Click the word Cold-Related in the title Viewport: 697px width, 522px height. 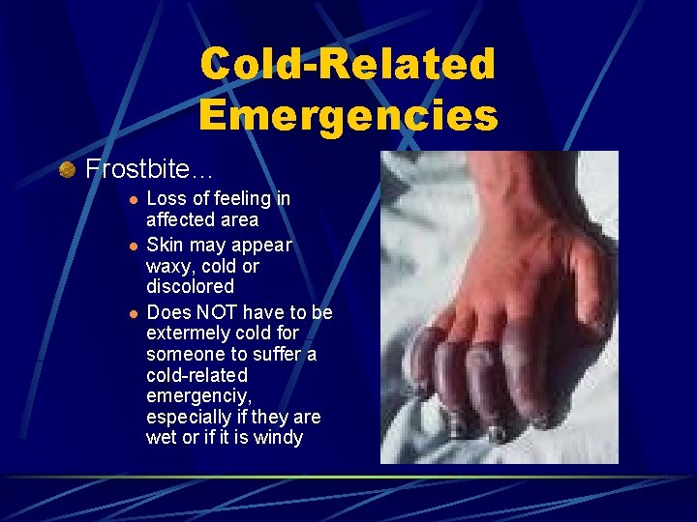coord(348,64)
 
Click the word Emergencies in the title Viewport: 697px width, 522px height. coord(348,114)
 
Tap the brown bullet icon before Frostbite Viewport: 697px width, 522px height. coord(67,170)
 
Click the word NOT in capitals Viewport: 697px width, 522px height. coord(218,312)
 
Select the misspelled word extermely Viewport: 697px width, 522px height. coord(189,334)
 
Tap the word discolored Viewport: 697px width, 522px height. coord(190,287)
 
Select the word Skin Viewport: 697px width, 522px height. coord(164,246)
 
